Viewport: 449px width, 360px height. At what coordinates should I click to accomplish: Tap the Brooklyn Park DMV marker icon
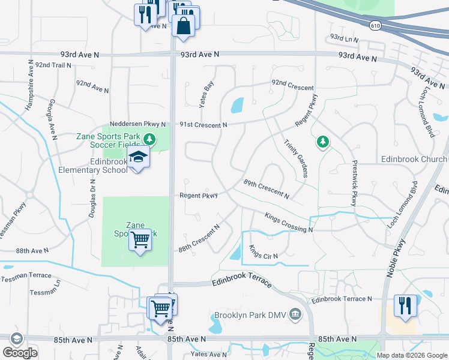click(x=295, y=314)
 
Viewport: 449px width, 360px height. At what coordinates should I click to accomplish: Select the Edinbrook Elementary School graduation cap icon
click(x=139, y=158)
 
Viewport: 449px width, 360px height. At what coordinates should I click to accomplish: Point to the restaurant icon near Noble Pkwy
click(x=405, y=305)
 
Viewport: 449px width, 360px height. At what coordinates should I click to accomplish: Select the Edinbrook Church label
click(x=414, y=160)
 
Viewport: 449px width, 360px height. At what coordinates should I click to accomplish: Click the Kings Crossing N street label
click(x=288, y=222)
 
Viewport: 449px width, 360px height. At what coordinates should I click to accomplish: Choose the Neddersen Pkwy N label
click(x=138, y=124)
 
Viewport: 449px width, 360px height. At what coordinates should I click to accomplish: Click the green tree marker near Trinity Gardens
click(x=323, y=142)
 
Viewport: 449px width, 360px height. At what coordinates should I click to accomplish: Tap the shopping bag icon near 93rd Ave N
click(x=183, y=26)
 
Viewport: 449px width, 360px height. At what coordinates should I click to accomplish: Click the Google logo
click(x=20, y=353)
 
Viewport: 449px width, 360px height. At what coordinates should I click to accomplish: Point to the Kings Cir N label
click(x=264, y=252)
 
